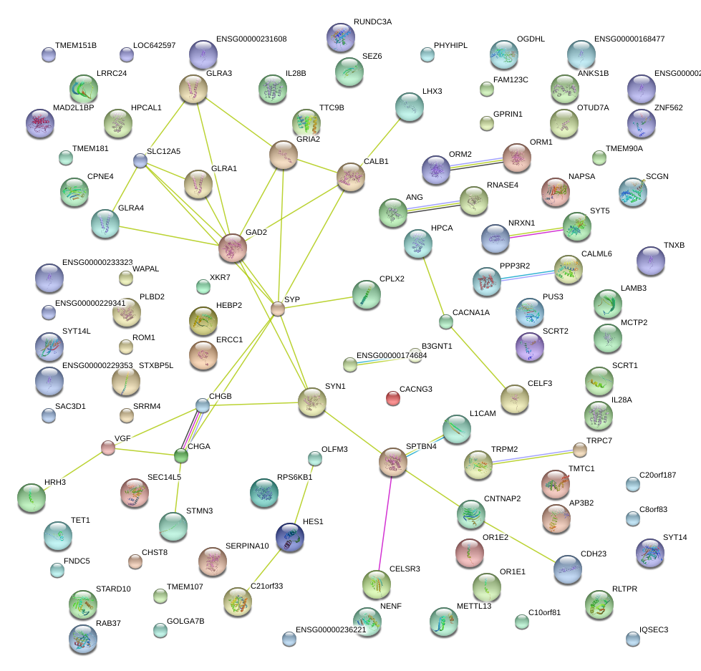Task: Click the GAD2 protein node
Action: [x=233, y=247]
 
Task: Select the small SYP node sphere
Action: [x=278, y=309]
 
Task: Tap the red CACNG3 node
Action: [x=392, y=398]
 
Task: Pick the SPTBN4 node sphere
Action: [x=393, y=462]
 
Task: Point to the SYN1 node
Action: [x=311, y=402]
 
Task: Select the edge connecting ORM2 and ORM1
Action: [x=475, y=164]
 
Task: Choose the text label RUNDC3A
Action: [x=372, y=22]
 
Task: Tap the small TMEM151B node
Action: [x=48, y=54]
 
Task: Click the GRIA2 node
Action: [x=284, y=155]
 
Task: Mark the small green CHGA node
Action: [x=181, y=455]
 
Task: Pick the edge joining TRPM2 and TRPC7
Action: [x=533, y=456]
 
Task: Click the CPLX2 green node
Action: [x=367, y=294]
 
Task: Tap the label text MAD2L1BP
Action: [x=74, y=107]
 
